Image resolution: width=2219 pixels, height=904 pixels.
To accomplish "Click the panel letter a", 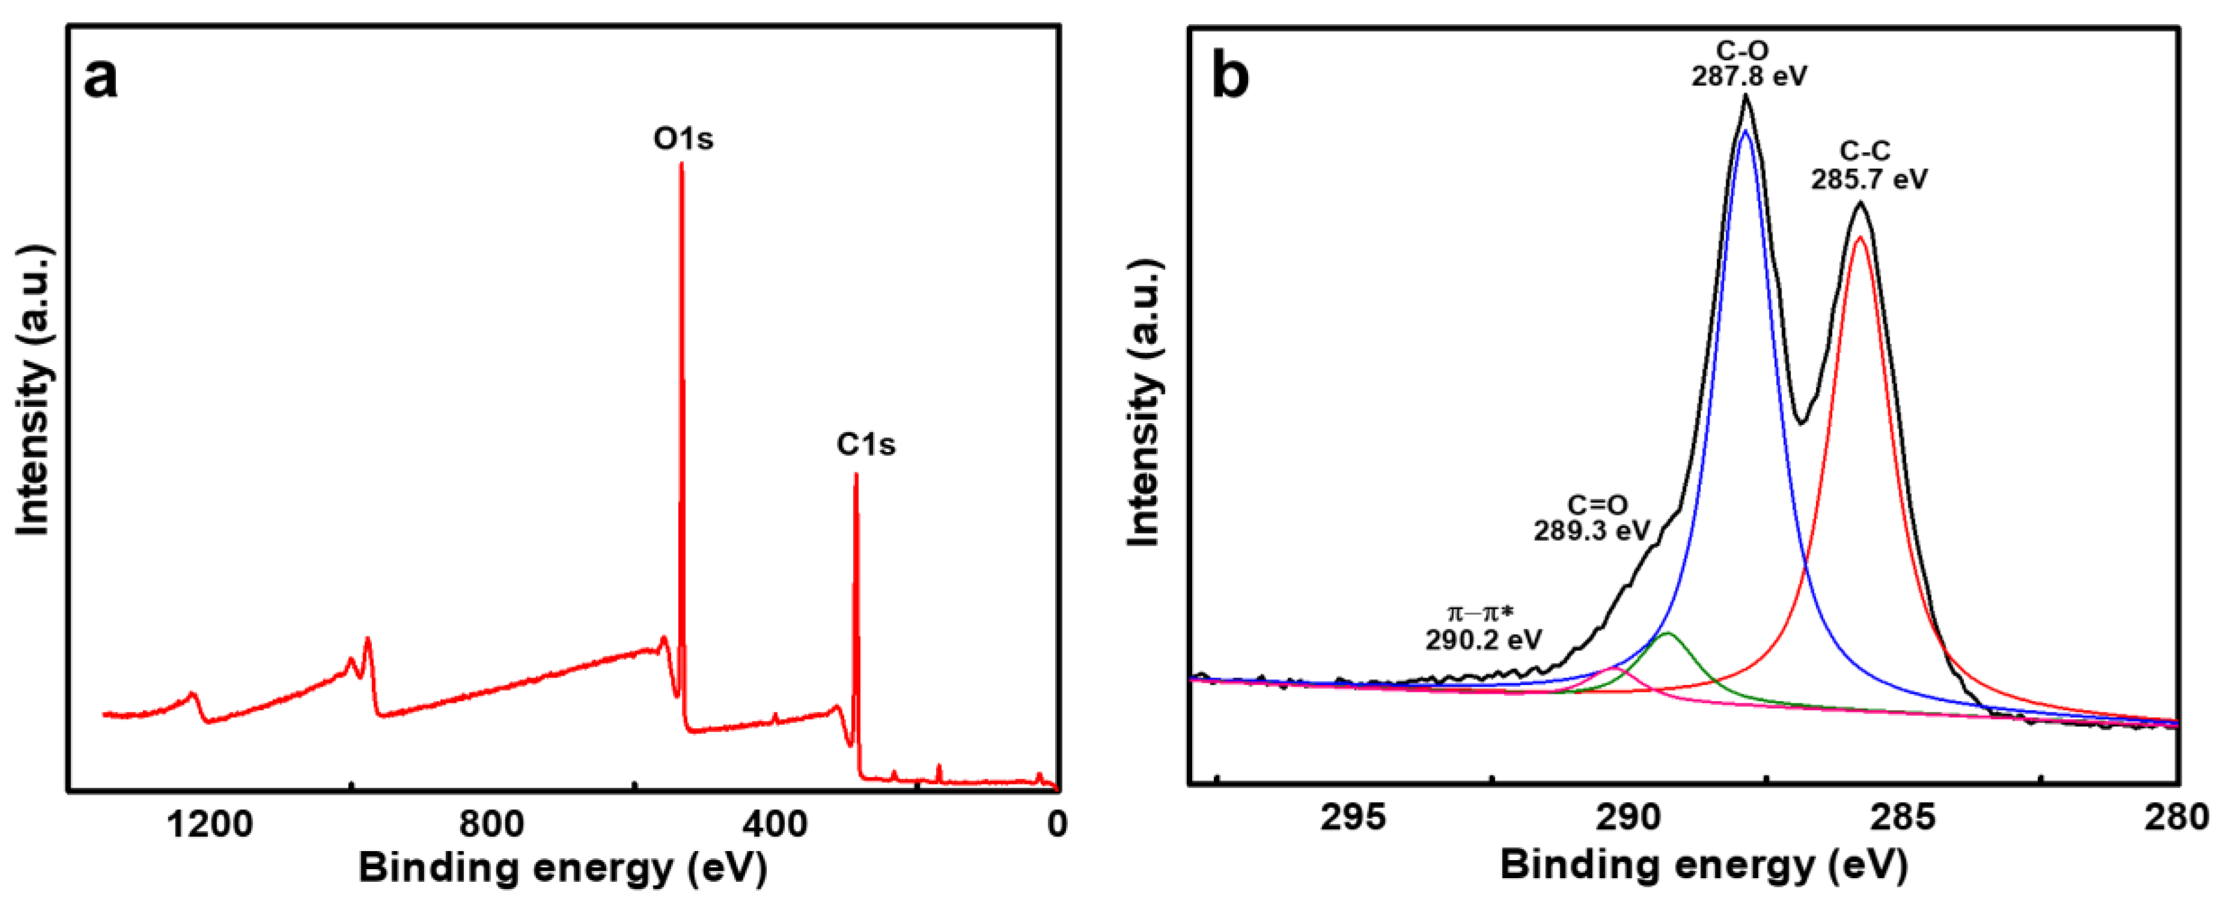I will [x=101, y=79].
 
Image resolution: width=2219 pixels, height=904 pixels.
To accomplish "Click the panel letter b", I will [x=1229, y=78].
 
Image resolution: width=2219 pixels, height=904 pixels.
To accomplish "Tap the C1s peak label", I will [x=866, y=445].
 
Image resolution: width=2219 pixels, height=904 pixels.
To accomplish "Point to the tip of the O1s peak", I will [x=681, y=163].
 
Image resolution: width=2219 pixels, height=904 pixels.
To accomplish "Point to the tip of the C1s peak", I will [x=856, y=474].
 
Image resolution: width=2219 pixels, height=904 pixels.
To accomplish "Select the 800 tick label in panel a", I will [x=491, y=825].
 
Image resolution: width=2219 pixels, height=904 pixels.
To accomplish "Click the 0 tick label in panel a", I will [x=1057, y=825].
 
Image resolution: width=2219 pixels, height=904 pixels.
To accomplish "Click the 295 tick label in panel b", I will [x=1353, y=817].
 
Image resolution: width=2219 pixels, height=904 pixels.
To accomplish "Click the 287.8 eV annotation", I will [x=1749, y=77].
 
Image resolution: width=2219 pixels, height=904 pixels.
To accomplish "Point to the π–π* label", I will [x=1480, y=614].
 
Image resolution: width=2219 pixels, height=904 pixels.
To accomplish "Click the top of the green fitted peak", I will [x=1667, y=634].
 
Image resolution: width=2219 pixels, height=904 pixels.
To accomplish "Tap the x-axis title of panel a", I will [x=562, y=868].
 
